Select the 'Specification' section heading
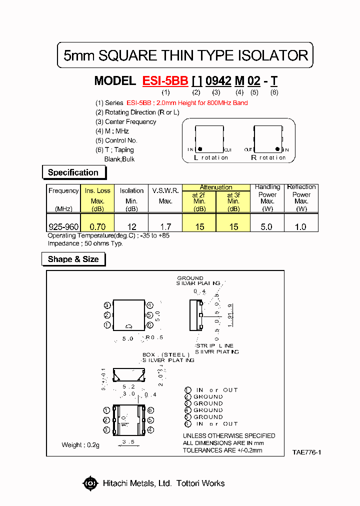coord(73,172)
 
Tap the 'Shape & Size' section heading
coord(73,259)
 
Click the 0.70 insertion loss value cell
coord(97,226)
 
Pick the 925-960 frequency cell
coord(63,226)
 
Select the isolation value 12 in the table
coord(131,226)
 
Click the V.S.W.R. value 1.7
coord(165,226)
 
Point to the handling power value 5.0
coord(267,226)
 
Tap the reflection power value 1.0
coord(301,226)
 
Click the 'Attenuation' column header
coord(216,187)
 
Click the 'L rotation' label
coord(211,157)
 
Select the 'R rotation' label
coord(268,157)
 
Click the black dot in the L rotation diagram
coord(199,149)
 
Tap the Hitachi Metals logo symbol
coord(90,483)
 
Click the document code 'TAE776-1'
coord(306,452)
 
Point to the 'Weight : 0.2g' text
coord(80,444)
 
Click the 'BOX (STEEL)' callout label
coord(163,354)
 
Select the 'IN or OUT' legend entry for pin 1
coord(216,390)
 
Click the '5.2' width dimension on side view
coord(128,386)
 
